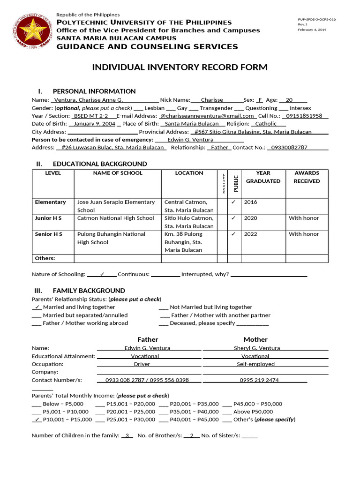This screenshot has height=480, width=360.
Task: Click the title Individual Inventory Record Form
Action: coord(180,67)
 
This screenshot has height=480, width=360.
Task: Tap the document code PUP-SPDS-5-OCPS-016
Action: coord(316,20)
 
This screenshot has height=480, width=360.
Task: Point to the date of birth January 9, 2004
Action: coord(94,124)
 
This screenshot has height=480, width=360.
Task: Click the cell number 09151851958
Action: coord(304,115)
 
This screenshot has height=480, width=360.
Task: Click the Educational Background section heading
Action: coord(100,164)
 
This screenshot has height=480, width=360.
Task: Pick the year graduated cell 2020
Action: coord(250,218)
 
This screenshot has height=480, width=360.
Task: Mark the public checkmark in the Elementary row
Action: coord(233,202)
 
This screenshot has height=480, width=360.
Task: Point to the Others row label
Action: coord(45,258)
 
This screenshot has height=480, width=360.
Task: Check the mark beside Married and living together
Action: coord(37,307)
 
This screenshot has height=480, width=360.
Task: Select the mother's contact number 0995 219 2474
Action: coord(259,380)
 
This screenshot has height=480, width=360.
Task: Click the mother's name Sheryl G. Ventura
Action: coord(257,348)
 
